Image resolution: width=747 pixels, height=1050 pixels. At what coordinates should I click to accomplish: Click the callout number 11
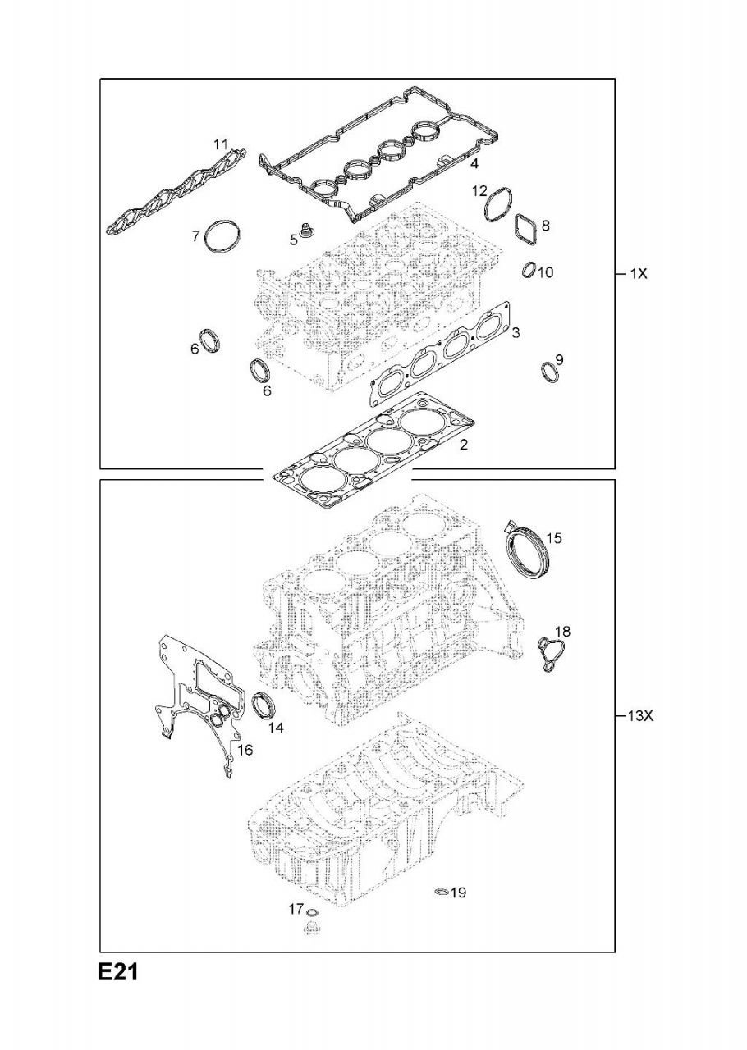pos(221,144)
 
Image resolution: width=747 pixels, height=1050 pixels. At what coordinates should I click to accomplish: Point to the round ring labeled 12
pos(498,205)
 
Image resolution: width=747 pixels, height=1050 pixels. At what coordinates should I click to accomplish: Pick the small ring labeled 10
pos(529,270)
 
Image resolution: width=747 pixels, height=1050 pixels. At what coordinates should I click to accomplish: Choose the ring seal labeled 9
pos(549,372)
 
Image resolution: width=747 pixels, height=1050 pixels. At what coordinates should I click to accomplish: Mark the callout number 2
pos(464,445)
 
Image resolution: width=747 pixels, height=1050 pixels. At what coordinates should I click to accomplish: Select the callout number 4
pos(474,164)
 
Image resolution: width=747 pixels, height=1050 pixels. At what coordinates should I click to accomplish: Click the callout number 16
pos(245,750)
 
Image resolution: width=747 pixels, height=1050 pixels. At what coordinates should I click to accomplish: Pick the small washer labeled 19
pos(441,892)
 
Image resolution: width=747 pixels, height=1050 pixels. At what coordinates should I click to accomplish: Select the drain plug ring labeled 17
pos(311,913)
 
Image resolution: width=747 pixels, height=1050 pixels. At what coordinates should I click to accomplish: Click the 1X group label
pos(639,274)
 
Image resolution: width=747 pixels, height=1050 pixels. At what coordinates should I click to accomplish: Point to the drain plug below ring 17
pos(311,929)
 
